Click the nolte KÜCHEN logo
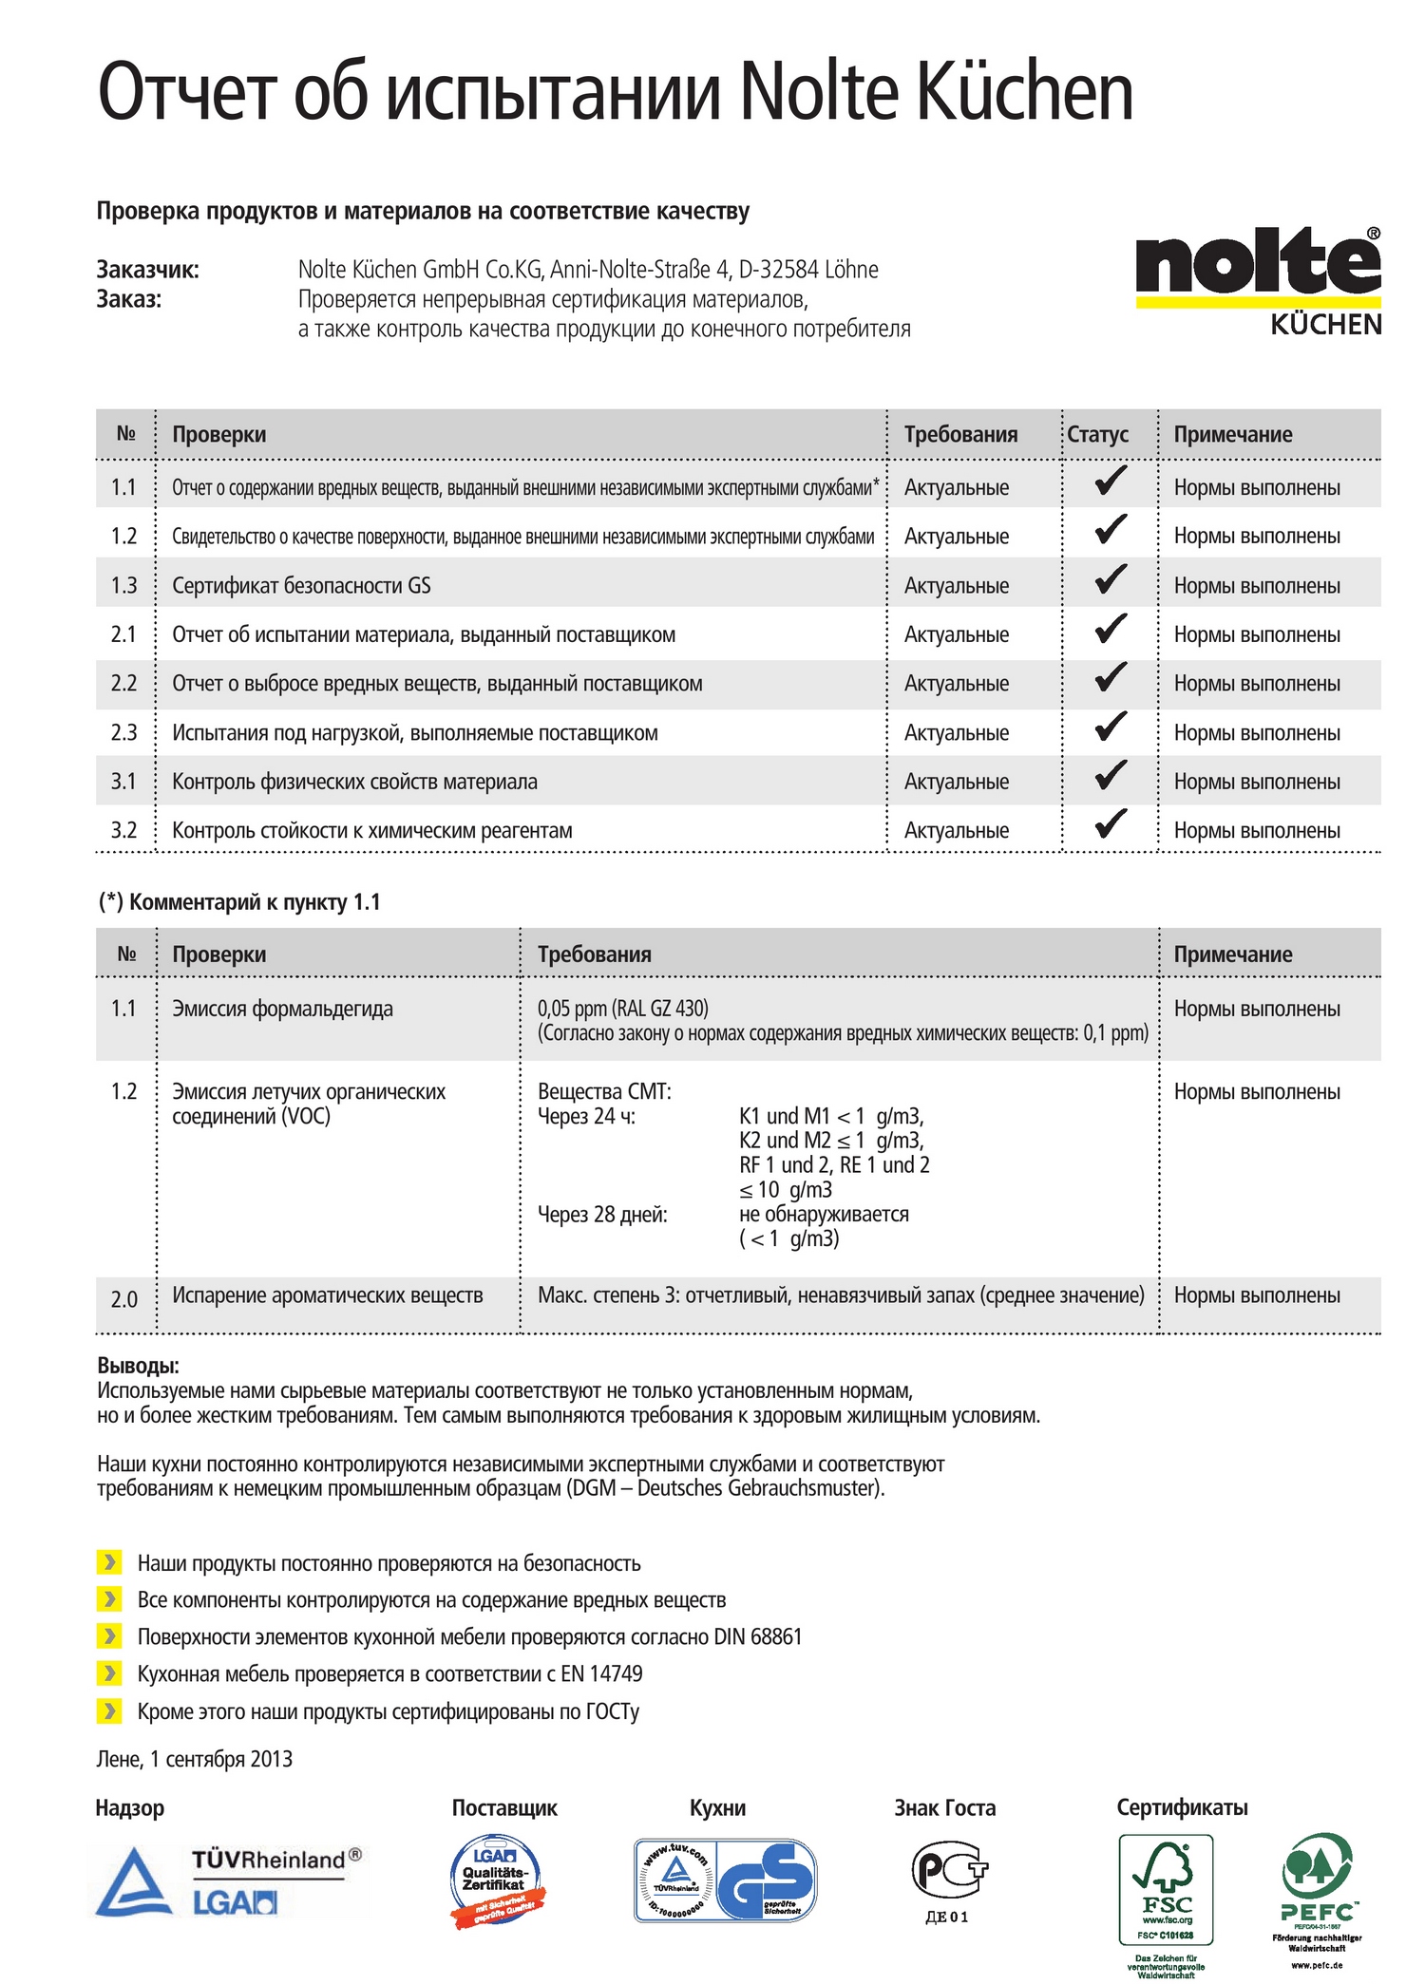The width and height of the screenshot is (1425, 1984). [1258, 280]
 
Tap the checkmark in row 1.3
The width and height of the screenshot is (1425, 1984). [1110, 579]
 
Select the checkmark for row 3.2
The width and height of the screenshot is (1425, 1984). [1110, 823]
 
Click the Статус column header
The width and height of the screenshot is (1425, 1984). [1097, 434]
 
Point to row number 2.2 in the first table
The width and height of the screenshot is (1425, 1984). [123, 684]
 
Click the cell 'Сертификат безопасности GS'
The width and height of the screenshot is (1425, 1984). [301, 586]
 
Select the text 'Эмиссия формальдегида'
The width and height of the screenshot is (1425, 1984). [282, 1009]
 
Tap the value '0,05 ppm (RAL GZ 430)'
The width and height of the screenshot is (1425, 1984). [623, 1008]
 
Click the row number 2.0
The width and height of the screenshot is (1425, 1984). [123, 1299]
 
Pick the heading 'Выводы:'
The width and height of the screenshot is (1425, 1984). [139, 1366]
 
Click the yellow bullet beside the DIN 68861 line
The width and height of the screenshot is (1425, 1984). [109, 1635]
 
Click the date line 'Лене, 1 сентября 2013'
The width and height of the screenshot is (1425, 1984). [195, 1759]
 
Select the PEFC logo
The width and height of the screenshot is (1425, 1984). [1317, 1885]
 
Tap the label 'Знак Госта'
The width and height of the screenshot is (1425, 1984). [944, 1808]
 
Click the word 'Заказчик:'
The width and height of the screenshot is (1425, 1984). [148, 270]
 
